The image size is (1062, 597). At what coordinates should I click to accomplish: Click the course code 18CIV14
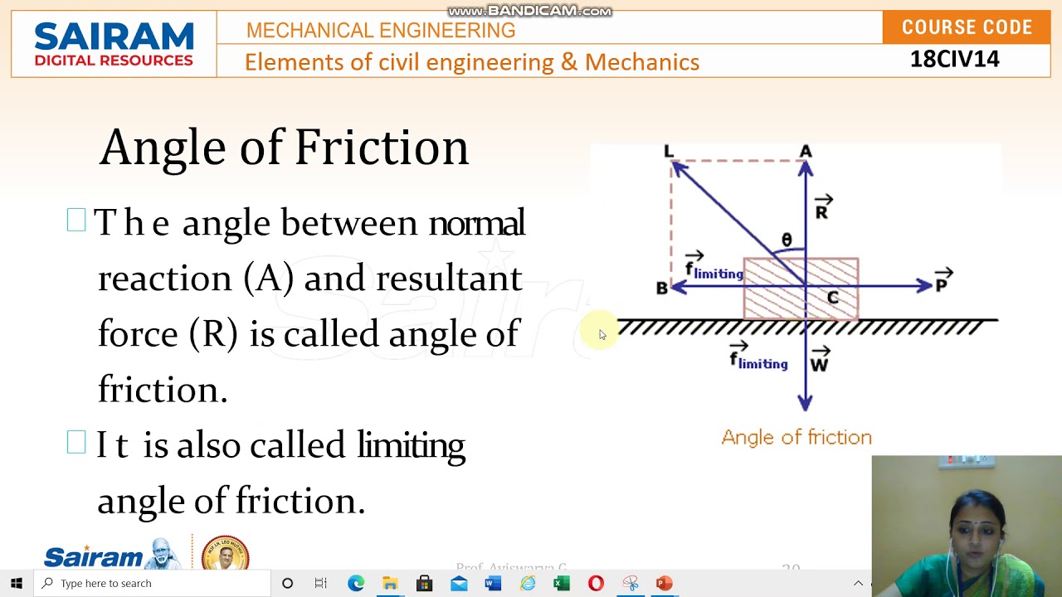(954, 59)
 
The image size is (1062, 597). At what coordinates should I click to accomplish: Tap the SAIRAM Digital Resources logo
(114, 44)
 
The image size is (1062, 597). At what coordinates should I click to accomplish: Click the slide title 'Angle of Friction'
(284, 148)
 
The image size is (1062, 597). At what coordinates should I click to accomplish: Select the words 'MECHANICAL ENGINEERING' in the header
(381, 31)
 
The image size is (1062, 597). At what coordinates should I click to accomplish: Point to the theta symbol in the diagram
(787, 240)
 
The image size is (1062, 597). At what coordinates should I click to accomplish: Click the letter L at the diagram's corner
(669, 151)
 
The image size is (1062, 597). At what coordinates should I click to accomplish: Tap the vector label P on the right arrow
(942, 284)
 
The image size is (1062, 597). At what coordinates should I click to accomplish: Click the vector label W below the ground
(819, 363)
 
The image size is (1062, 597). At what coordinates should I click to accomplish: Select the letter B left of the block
(661, 289)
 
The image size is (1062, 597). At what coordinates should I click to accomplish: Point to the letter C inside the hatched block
(832, 298)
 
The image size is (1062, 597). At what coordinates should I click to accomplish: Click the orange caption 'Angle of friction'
(796, 437)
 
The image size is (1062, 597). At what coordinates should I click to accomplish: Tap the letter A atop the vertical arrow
(806, 151)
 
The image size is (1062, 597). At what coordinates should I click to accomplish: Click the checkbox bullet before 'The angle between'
(76, 221)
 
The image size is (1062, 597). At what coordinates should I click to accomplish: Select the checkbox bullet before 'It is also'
(76, 443)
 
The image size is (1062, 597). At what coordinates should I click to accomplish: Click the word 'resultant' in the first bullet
(449, 279)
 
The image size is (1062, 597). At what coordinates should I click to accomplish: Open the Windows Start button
(17, 583)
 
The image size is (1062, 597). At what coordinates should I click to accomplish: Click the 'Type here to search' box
(153, 583)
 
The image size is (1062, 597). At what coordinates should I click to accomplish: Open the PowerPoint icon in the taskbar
(664, 583)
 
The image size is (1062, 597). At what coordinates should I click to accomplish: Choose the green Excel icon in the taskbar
(562, 583)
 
